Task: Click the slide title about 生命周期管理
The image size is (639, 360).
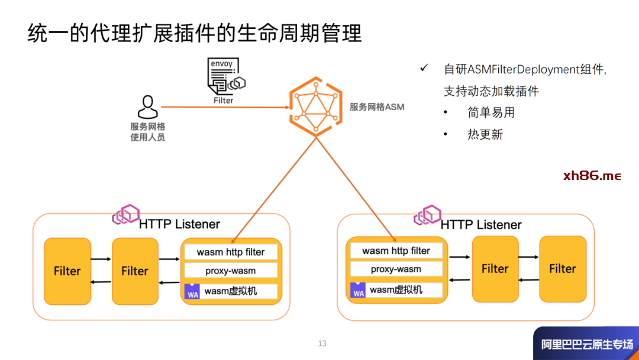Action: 195,33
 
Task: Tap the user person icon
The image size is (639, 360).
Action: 147,107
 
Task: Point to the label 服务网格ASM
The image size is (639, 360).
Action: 377,107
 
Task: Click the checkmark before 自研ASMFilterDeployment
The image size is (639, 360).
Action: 424,68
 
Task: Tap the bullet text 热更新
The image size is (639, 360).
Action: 485,134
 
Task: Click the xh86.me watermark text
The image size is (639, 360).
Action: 592,176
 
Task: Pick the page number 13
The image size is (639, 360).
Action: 322,343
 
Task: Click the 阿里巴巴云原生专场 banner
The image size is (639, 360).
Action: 586,344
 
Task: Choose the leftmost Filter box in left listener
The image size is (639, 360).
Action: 67,271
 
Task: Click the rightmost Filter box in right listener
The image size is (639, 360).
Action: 562,269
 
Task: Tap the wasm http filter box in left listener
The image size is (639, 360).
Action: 231,252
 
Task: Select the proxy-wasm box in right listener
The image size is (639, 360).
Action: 396,269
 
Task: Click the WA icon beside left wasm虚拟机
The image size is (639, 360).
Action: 192,292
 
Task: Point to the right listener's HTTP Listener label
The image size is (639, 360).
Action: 481,225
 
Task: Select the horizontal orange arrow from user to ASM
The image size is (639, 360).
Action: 225,107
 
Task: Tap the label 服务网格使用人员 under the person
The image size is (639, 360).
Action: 147,132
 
